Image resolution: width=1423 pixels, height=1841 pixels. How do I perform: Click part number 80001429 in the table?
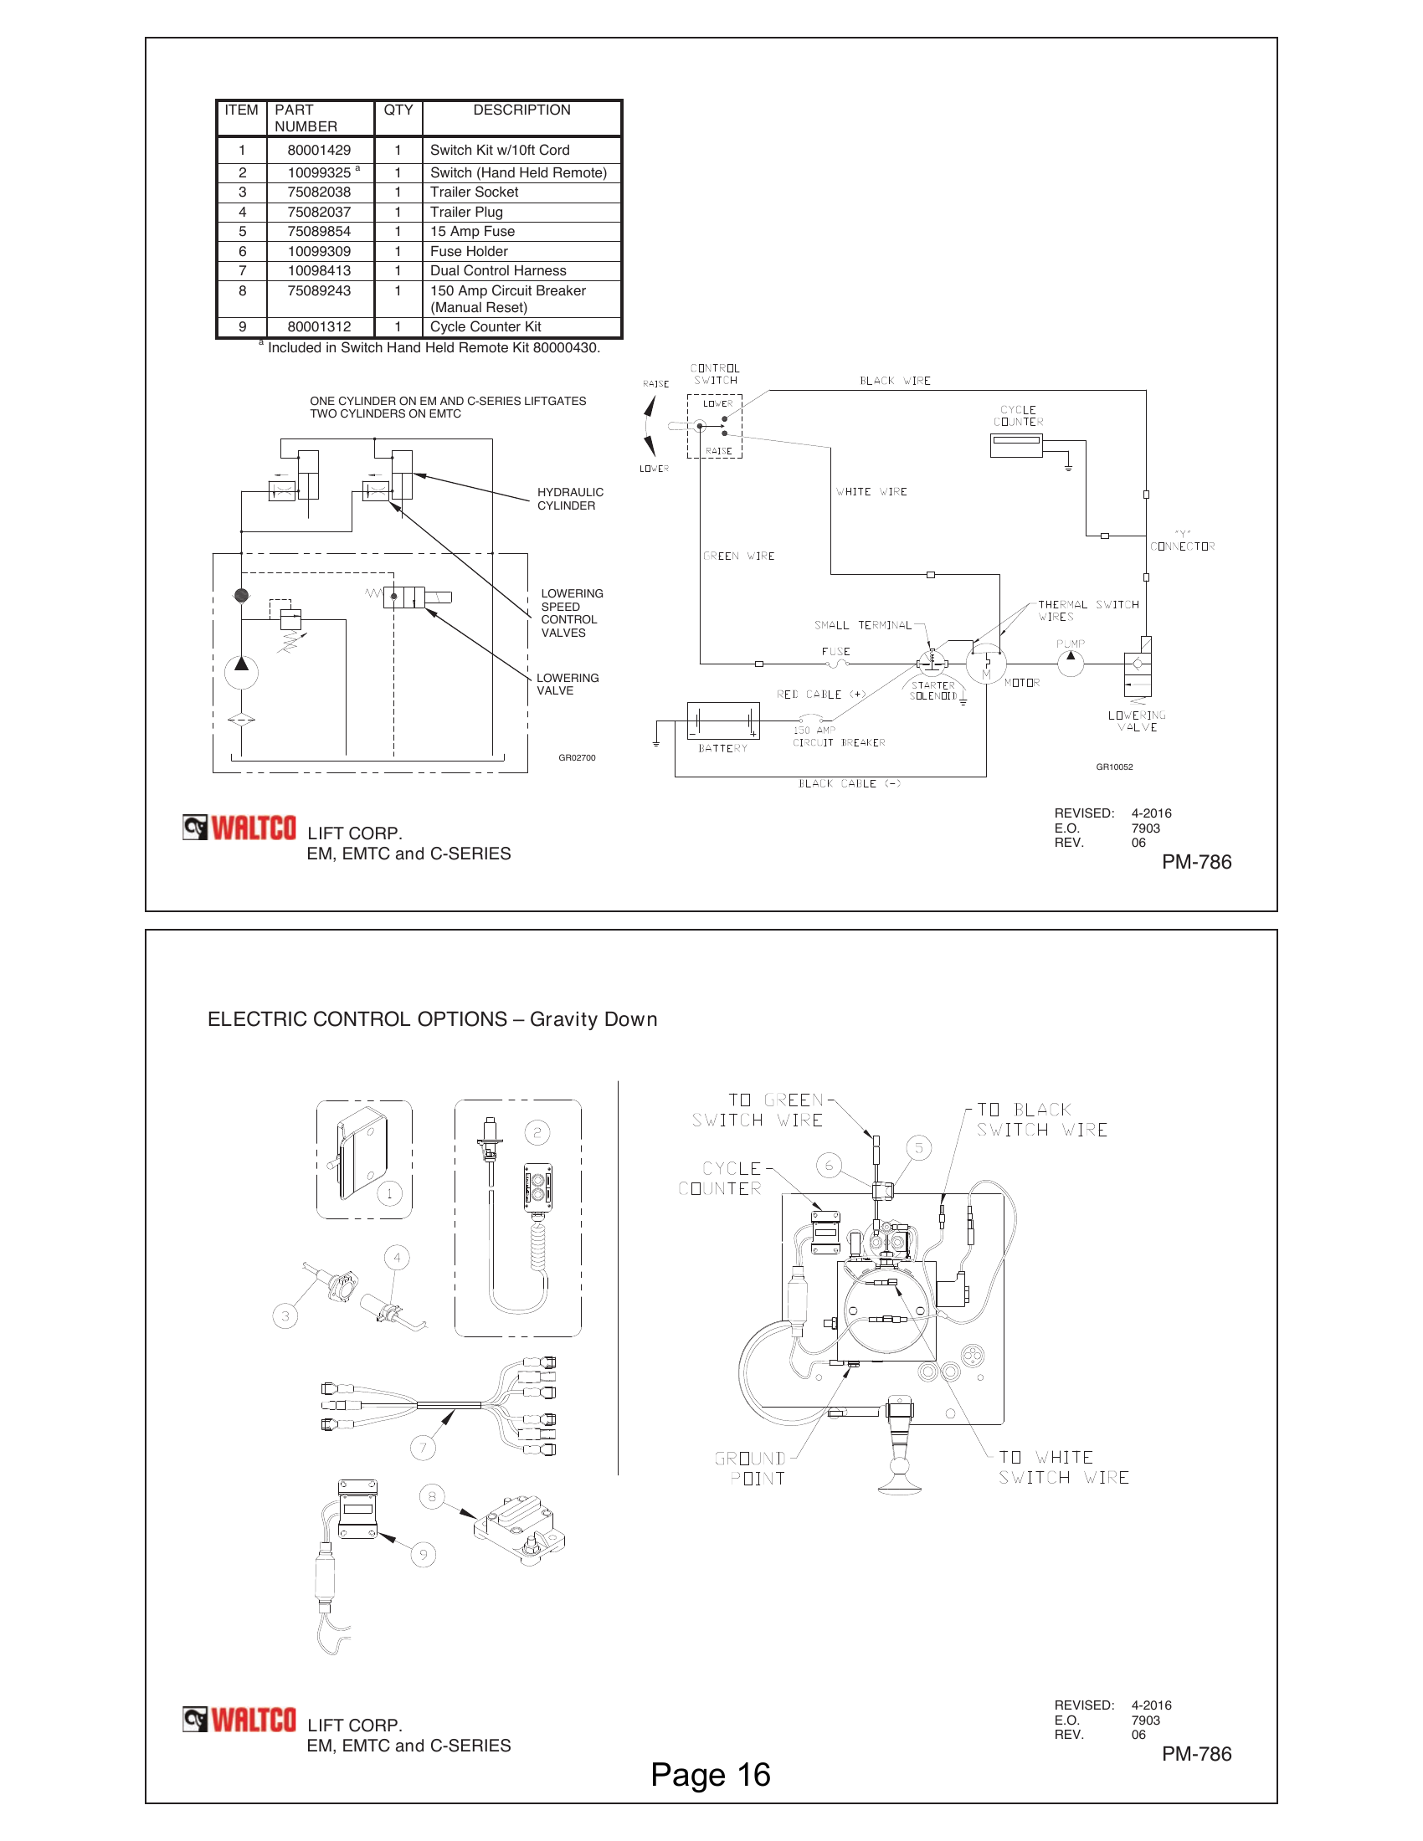(319, 150)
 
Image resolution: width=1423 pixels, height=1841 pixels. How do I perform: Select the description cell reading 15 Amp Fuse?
(472, 232)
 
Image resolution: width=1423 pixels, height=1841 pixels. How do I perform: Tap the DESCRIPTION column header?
(521, 110)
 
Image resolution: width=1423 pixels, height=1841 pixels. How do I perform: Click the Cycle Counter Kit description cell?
(485, 327)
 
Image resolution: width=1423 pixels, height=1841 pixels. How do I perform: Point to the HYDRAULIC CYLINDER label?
(570, 499)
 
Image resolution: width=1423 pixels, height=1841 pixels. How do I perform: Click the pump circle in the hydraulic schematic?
(241, 672)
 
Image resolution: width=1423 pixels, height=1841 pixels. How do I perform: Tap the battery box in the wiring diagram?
(722, 721)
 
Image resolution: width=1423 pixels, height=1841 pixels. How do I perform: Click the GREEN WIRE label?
(738, 556)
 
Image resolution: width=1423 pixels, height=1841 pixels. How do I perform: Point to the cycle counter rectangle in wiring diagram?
(1016, 445)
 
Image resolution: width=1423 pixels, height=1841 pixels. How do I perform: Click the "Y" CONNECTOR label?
(1182, 541)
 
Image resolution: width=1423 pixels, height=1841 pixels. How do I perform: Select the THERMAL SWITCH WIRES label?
(1087, 610)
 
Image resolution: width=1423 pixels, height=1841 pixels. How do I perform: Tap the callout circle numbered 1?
(389, 1193)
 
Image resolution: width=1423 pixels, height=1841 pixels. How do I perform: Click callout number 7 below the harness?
(424, 1449)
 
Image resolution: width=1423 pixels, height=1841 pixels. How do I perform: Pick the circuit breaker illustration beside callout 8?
(518, 1529)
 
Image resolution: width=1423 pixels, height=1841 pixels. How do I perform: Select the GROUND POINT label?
(751, 1469)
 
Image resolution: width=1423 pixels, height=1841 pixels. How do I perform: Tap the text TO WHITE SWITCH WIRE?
(1062, 1468)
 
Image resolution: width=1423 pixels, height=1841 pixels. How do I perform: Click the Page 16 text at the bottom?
(710, 1775)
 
